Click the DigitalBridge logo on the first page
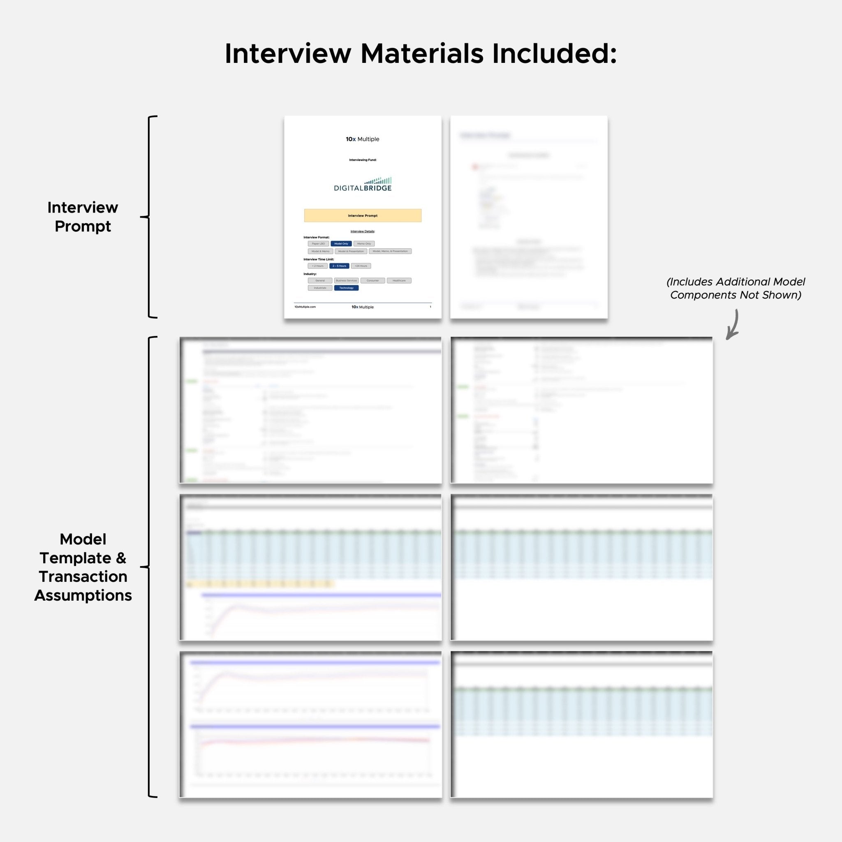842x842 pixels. click(363, 184)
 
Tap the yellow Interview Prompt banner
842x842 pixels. click(363, 215)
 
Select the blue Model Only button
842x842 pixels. click(341, 244)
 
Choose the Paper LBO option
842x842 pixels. click(318, 244)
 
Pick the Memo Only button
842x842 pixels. click(364, 244)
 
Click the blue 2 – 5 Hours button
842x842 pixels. click(339, 266)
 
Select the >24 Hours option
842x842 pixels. click(361, 266)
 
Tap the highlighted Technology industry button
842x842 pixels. click(347, 288)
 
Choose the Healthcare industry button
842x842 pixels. click(399, 281)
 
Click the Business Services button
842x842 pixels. click(347, 281)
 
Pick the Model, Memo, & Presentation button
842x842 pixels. click(390, 251)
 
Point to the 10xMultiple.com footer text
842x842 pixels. click(305, 307)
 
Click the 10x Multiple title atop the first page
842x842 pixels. click(363, 139)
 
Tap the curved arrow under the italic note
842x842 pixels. click(733, 325)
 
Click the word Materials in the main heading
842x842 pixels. click(422, 53)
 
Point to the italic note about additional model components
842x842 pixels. click(736, 288)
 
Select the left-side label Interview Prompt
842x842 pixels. click(83, 217)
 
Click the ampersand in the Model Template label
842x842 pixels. click(121, 558)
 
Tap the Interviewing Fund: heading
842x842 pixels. click(363, 160)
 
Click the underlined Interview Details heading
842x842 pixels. click(363, 231)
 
